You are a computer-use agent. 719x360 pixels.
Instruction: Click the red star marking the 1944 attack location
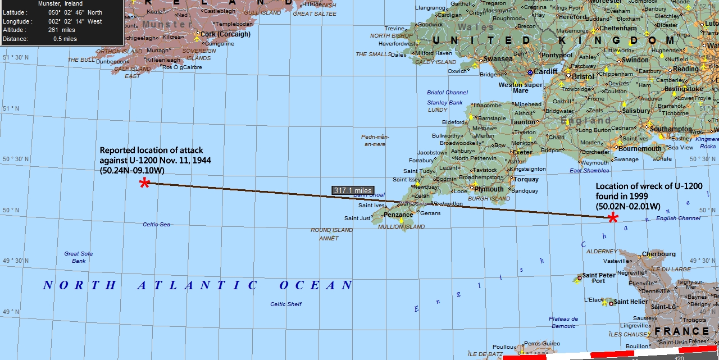[x=145, y=183]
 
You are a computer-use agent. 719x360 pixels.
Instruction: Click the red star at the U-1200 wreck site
[x=613, y=218]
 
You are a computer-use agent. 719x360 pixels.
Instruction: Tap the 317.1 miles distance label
[x=353, y=190]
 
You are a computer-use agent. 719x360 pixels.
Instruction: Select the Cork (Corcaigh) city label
[x=225, y=34]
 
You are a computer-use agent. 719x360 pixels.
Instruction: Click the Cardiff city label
[x=545, y=71]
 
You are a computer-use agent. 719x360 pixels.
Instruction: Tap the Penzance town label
[x=398, y=215]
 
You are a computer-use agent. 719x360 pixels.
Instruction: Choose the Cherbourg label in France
[x=658, y=254]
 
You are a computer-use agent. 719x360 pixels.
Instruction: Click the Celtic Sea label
[x=156, y=224]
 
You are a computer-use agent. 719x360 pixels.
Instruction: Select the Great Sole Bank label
[x=79, y=257]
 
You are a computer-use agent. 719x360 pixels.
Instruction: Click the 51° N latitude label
[x=11, y=108]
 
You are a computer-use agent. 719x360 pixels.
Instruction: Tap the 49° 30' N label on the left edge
[x=15, y=261]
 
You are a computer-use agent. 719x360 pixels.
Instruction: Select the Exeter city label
[x=522, y=152]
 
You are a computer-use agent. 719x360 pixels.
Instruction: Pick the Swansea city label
[x=498, y=58]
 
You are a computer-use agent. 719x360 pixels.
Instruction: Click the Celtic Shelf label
[x=286, y=304]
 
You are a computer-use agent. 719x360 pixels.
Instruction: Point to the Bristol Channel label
[x=447, y=93]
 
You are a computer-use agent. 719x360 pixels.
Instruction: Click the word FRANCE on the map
[x=681, y=331]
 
